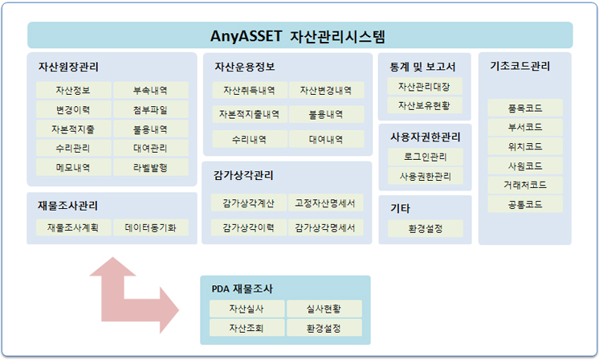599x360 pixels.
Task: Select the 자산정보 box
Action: click(73, 90)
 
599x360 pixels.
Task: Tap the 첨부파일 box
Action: click(150, 109)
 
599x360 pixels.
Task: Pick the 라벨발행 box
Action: click(150, 167)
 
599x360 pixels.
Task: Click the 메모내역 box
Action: click(73, 167)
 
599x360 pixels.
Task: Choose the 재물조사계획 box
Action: click(73, 227)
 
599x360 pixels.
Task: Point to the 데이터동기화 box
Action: click(150, 227)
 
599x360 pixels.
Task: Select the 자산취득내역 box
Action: click(250, 90)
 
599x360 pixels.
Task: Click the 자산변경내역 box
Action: click(326, 90)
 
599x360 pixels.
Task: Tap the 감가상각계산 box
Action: click(248, 203)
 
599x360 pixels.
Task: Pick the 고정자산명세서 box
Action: click(325, 203)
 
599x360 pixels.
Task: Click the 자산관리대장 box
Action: click(425, 86)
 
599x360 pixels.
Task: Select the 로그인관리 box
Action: click(426, 157)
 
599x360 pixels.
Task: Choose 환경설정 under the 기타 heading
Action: click(426, 228)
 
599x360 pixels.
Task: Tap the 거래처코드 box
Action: click(525, 185)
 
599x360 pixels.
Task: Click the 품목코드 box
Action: click(525, 108)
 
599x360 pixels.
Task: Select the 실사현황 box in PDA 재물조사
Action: click(324, 309)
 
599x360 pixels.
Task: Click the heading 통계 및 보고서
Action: click(422, 67)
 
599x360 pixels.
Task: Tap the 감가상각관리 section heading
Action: click(243, 175)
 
